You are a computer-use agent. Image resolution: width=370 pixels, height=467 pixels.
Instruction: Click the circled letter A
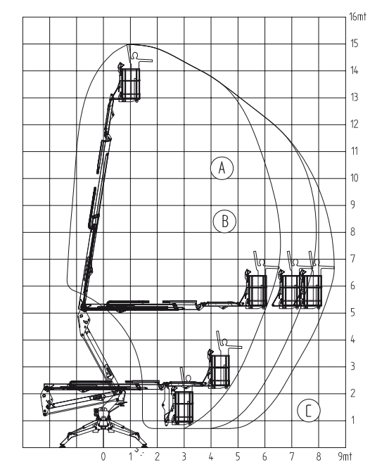222,167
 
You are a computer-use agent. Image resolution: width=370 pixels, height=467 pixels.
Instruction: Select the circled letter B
224,221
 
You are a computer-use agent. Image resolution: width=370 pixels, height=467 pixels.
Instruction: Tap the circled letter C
309,411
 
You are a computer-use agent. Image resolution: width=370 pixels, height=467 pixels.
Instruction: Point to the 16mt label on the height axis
357,17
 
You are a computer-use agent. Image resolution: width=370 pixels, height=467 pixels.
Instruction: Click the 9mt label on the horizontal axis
345,456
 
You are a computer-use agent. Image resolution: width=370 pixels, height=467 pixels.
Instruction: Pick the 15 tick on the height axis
355,44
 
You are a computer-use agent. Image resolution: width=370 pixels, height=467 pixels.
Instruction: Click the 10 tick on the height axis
355,178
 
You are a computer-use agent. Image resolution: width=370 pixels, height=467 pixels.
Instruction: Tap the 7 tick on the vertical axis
352,259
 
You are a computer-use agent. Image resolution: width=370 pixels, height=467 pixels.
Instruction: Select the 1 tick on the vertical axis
352,421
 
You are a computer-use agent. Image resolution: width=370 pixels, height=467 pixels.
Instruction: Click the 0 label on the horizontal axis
103,456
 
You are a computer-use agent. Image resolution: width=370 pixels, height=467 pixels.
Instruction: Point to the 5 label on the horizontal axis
238,456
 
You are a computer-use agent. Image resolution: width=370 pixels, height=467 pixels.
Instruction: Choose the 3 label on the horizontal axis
184,456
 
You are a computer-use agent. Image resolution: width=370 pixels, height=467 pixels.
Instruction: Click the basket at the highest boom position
130,84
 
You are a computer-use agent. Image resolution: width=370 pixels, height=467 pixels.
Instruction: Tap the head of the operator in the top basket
135,55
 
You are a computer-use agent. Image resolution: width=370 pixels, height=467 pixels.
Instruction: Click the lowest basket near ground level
183,407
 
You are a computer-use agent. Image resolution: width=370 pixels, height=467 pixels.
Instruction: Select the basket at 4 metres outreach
219,371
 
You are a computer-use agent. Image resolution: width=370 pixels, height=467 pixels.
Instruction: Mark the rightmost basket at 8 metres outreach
312,292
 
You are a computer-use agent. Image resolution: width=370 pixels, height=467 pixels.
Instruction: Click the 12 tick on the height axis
355,124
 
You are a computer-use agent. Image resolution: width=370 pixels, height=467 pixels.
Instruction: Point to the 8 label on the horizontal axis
319,456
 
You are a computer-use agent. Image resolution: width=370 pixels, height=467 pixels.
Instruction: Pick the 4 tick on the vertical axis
352,340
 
